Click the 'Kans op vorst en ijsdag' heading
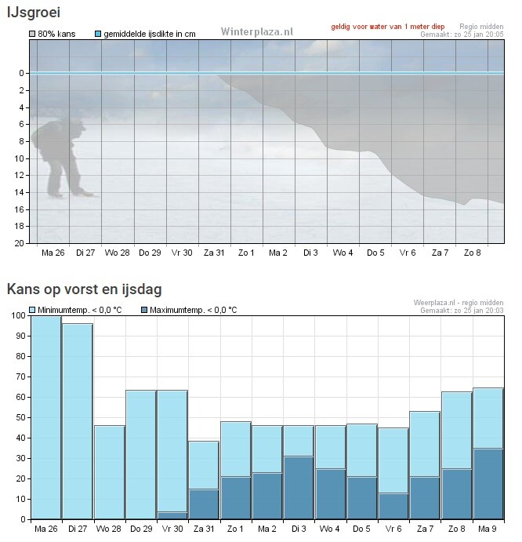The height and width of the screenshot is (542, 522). click(x=85, y=289)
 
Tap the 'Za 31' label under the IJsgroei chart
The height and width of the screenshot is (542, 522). click(x=214, y=253)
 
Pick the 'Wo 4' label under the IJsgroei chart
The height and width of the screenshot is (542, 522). click(x=343, y=253)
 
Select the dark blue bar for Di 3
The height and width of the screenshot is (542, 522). click(x=299, y=487)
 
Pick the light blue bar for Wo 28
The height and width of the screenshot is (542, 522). click(x=110, y=471)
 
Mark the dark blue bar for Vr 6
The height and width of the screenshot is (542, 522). click(x=393, y=505)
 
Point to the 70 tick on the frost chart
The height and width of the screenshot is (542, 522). click(x=20, y=376)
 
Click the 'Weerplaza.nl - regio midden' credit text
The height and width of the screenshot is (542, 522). click(x=459, y=302)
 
